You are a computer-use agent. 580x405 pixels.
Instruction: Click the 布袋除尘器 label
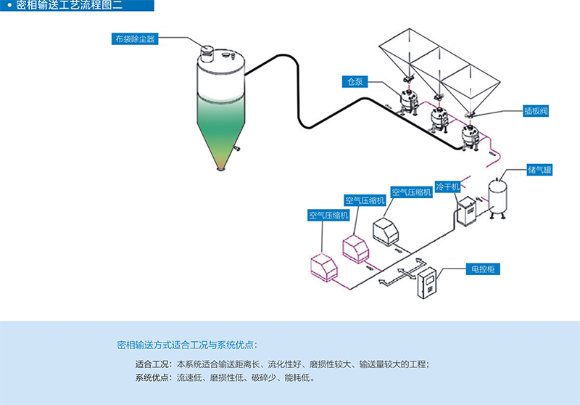135,38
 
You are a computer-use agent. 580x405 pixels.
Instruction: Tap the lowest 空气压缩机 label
328,215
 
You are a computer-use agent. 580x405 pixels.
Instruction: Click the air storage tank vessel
498,194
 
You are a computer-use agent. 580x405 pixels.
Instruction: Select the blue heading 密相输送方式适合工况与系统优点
186,344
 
